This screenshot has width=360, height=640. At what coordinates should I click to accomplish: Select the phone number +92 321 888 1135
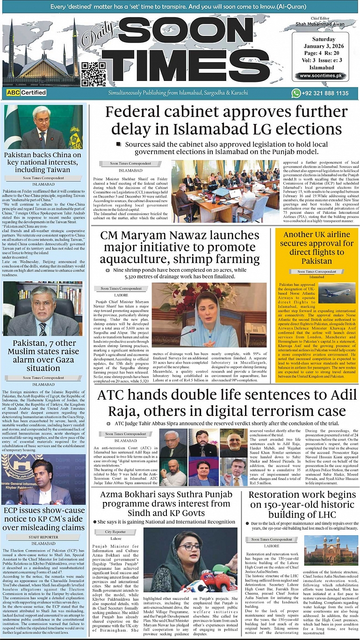click(326, 94)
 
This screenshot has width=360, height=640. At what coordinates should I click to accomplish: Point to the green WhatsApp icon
click(296, 94)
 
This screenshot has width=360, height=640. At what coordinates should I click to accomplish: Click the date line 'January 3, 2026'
click(320, 46)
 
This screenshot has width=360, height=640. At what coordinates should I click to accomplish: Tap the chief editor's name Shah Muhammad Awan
click(320, 24)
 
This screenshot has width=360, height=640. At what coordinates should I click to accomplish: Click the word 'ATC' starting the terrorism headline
click(112, 395)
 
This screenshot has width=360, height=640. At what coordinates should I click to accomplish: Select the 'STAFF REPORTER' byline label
click(43, 538)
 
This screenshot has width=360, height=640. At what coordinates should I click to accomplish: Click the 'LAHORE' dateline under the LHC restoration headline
click(272, 546)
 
